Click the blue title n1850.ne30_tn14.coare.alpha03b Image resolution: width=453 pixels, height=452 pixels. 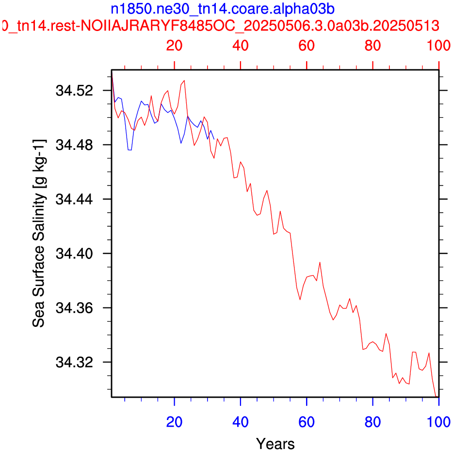[x=223, y=9]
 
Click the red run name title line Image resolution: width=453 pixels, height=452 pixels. [x=221, y=25]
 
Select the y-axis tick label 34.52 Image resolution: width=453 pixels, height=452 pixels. [x=70, y=91]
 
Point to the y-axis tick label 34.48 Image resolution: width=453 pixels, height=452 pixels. [x=70, y=145]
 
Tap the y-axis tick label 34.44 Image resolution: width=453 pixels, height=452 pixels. [x=70, y=199]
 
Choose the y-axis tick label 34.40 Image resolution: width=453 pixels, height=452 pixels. [x=70, y=254]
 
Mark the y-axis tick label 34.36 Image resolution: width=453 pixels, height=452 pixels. [x=70, y=308]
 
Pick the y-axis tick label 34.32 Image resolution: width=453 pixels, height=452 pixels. [x=70, y=362]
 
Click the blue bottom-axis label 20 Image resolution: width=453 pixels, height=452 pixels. [x=174, y=422]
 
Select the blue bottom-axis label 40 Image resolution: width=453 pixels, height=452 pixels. [x=241, y=422]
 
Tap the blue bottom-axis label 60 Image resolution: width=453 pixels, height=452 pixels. [x=307, y=422]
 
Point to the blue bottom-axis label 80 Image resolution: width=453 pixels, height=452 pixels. [x=372, y=422]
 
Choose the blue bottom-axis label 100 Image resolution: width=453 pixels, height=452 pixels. [x=438, y=422]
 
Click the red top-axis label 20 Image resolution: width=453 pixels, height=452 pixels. [x=174, y=46]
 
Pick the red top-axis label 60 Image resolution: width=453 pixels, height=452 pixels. [x=307, y=46]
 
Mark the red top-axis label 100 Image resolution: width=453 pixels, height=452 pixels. [x=438, y=46]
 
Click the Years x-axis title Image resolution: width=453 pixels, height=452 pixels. [x=275, y=443]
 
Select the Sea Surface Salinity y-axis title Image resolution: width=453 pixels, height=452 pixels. [x=39, y=233]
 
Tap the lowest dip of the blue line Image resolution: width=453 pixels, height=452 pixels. [x=129, y=150]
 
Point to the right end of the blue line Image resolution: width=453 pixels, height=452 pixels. [x=214, y=139]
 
